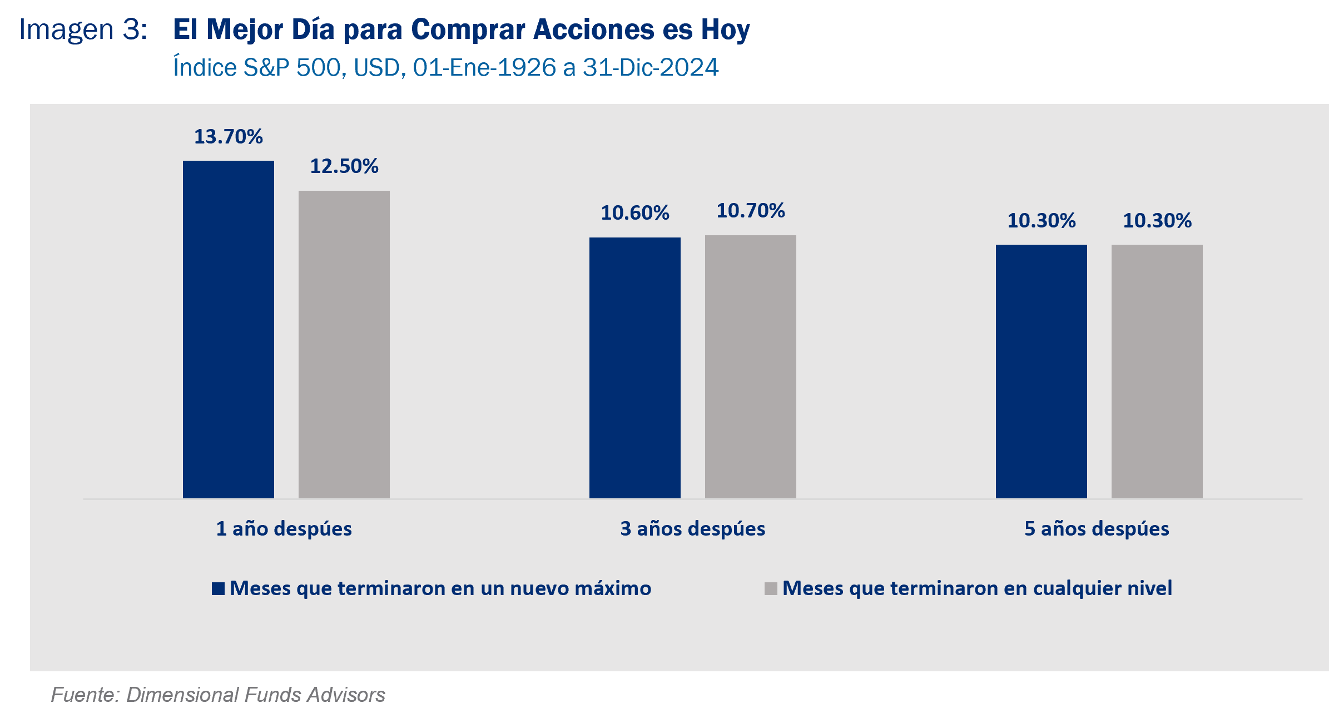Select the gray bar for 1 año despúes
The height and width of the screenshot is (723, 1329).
tap(344, 344)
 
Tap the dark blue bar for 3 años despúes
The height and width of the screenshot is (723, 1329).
tap(634, 368)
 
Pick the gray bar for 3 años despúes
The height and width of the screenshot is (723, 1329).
tap(750, 367)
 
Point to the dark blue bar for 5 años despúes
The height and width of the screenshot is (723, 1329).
tap(1041, 371)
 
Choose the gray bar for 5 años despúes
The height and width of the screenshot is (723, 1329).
tap(1157, 371)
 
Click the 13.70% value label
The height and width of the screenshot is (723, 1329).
tap(228, 137)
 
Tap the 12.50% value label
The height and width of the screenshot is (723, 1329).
tap(344, 166)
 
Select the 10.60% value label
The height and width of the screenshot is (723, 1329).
tap(634, 213)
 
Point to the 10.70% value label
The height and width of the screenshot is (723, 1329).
tap(750, 211)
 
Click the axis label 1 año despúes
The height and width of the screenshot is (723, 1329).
tap(284, 528)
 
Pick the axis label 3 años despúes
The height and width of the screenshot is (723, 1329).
tap(692, 528)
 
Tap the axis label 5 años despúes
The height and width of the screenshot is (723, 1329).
tap(1097, 528)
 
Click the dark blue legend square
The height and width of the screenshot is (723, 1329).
tap(218, 588)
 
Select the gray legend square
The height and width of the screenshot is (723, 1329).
tap(771, 588)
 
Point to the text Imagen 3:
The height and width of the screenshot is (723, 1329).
tap(83, 29)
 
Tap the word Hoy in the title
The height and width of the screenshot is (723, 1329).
tap(725, 29)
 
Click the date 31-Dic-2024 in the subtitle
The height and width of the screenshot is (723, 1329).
tap(651, 68)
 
